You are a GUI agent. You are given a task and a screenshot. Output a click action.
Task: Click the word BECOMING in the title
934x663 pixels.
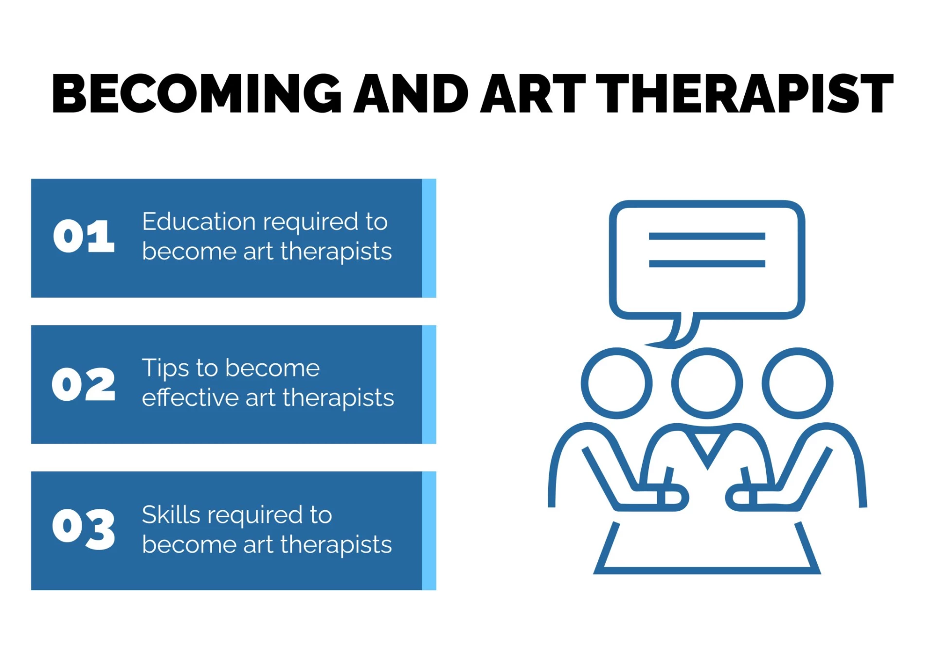(x=197, y=93)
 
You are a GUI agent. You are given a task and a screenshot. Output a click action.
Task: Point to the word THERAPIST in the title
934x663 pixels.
(x=745, y=93)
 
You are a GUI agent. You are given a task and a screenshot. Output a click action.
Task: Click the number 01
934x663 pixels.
(x=84, y=236)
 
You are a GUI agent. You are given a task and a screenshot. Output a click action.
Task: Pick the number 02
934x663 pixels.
(x=84, y=384)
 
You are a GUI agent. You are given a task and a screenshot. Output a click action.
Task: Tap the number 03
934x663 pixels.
(x=84, y=529)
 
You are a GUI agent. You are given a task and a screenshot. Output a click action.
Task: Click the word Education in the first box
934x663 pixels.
(x=199, y=221)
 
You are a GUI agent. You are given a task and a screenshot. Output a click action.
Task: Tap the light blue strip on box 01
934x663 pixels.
(x=429, y=238)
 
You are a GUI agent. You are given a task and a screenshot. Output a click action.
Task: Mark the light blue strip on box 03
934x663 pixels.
(x=429, y=531)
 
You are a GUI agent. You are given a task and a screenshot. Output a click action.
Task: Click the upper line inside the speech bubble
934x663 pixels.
(x=707, y=236)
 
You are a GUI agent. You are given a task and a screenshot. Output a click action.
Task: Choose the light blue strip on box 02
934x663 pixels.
(x=429, y=384)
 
